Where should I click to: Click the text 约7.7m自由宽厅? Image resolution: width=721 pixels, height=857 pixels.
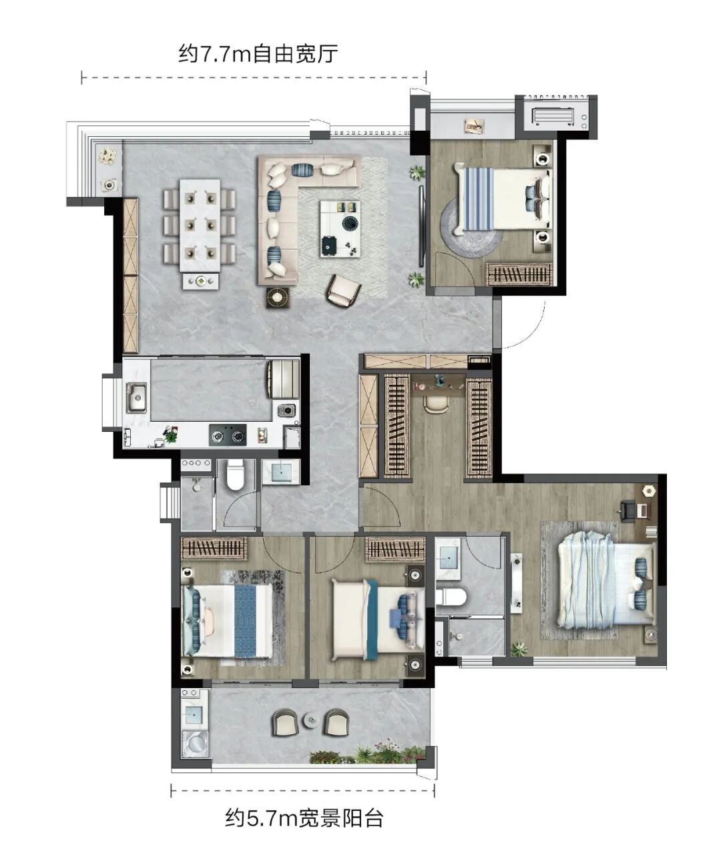pos(258,54)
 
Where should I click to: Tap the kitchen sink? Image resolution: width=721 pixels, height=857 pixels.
pos(136,397)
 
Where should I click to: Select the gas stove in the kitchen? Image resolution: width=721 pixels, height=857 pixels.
pos(228,435)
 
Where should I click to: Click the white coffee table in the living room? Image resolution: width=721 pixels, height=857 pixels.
pos(340,229)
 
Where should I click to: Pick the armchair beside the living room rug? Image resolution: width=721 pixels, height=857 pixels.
pos(343,290)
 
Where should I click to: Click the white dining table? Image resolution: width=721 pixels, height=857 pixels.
pos(200,225)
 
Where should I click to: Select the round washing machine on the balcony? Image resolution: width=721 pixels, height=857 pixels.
pos(196,742)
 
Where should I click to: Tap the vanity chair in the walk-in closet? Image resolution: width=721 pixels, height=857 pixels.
pos(437,404)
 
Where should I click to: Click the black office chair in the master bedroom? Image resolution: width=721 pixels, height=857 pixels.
pos(628,510)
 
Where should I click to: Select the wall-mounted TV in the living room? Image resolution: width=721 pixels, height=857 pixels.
pos(421,226)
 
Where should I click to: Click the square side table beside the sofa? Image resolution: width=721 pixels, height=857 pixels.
pos(278,297)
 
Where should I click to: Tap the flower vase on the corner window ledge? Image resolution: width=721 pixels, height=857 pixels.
pos(107,156)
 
